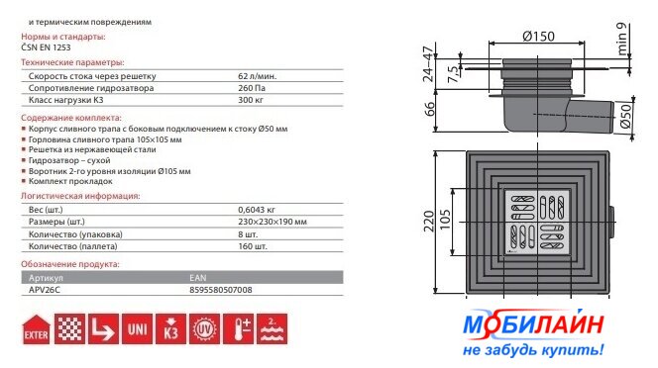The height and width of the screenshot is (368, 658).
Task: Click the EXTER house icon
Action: [x=36, y=329]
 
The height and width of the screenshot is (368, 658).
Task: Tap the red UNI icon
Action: [x=137, y=329]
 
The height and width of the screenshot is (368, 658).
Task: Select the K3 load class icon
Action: [x=170, y=329]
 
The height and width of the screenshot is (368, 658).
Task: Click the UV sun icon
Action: [x=204, y=329]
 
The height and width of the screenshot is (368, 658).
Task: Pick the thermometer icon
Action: [x=238, y=329]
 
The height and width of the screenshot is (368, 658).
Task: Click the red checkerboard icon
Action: [x=70, y=329]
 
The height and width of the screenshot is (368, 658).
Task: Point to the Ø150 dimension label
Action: [x=538, y=37]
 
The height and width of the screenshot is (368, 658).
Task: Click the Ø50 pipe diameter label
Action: [x=625, y=116]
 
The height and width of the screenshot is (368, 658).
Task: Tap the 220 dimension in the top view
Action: [x=429, y=222]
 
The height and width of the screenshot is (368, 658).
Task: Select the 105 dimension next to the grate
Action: [x=445, y=220]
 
